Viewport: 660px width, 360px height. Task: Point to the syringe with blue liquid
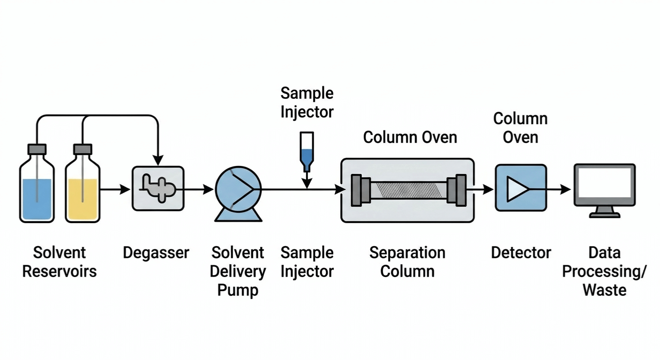coord(307,152)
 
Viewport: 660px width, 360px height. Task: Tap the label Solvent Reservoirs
coord(60,262)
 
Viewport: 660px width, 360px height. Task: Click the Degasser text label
coord(156,253)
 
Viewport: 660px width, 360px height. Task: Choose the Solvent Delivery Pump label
coord(238,271)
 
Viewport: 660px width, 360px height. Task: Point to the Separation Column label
coord(407,262)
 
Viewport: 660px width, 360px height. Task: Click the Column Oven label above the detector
coord(520,127)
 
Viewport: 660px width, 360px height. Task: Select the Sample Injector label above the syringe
coord(307,103)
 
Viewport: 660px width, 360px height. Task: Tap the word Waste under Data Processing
coord(604,290)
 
